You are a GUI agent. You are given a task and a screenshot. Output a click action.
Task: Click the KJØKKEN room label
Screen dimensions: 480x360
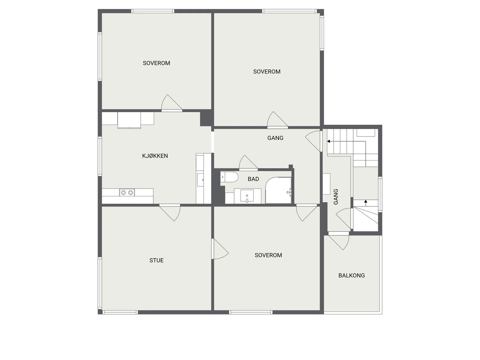(x=155, y=156)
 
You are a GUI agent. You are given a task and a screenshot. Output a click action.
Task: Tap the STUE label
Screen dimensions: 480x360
(x=156, y=260)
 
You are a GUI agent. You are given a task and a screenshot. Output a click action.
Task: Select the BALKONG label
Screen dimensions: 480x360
(x=351, y=275)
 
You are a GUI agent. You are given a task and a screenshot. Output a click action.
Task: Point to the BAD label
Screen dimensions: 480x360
(x=253, y=179)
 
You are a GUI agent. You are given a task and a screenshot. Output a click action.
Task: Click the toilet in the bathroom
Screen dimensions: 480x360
(x=229, y=177)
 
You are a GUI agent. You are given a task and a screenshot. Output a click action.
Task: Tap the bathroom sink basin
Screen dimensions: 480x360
(x=247, y=196)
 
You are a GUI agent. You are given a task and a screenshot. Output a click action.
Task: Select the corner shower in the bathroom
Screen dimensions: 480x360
(x=278, y=190)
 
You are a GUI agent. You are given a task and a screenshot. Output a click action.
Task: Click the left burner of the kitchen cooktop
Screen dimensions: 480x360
(x=123, y=193)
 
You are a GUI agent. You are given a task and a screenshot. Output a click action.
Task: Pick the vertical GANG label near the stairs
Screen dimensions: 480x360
(x=336, y=197)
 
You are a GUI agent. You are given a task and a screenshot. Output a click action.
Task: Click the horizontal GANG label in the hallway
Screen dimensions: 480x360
(x=275, y=138)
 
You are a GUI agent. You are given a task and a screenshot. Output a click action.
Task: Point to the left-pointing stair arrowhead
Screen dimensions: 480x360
(x=328, y=141)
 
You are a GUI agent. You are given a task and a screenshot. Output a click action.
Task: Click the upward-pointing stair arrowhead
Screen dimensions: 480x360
(x=366, y=201)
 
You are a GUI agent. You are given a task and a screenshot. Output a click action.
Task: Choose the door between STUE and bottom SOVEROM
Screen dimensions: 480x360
(x=220, y=249)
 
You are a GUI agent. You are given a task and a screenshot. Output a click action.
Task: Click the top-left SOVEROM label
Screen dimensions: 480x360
(x=156, y=63)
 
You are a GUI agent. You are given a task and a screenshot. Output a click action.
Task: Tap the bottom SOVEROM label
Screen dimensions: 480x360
(x=268, y=255)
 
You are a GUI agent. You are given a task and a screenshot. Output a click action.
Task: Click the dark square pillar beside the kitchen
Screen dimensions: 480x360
(x=206, y=118)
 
